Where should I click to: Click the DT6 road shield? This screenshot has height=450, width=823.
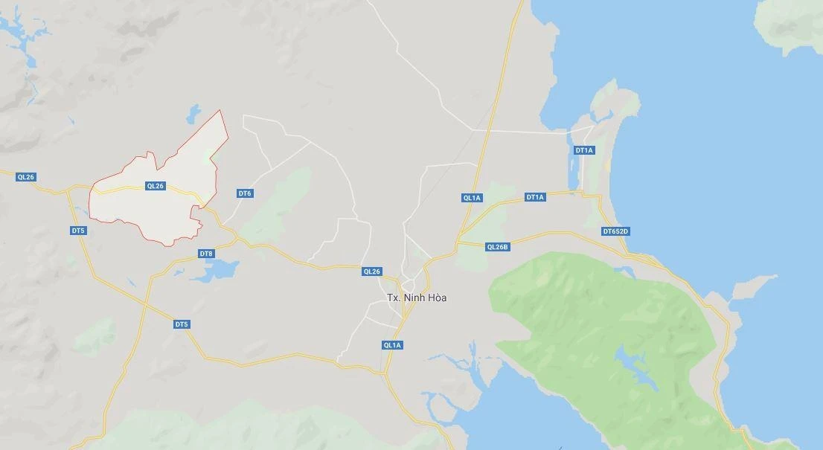(x=245, y=193)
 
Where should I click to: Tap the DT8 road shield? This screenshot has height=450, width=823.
(x=206, y=254)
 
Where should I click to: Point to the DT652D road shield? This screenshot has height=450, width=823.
(x=615, y=231)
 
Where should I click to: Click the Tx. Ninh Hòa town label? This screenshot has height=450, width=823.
(x=417, y=298)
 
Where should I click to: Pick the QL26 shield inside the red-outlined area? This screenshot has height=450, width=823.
(x=155, y=186)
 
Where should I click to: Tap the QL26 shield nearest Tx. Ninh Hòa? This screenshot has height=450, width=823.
(x=371, y=271)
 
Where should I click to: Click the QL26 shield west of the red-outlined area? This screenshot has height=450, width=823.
(x=26, y=177)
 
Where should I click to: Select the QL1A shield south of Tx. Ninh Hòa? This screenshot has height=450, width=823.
(x=392, y=345)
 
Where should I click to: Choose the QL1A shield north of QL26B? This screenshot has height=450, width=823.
(x=472, y=198)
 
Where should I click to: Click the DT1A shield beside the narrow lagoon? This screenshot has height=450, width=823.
(x=584, y=150)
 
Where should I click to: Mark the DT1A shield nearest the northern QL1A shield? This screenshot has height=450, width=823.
(x=535, y=197)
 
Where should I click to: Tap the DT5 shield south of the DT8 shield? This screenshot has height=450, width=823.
(x=182, y=324)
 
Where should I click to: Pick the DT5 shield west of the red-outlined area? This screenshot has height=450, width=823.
(x=78, y=231)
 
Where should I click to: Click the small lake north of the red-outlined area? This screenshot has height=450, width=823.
(x=193, y=114)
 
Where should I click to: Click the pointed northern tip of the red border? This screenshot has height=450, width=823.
(x=220, y=111)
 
